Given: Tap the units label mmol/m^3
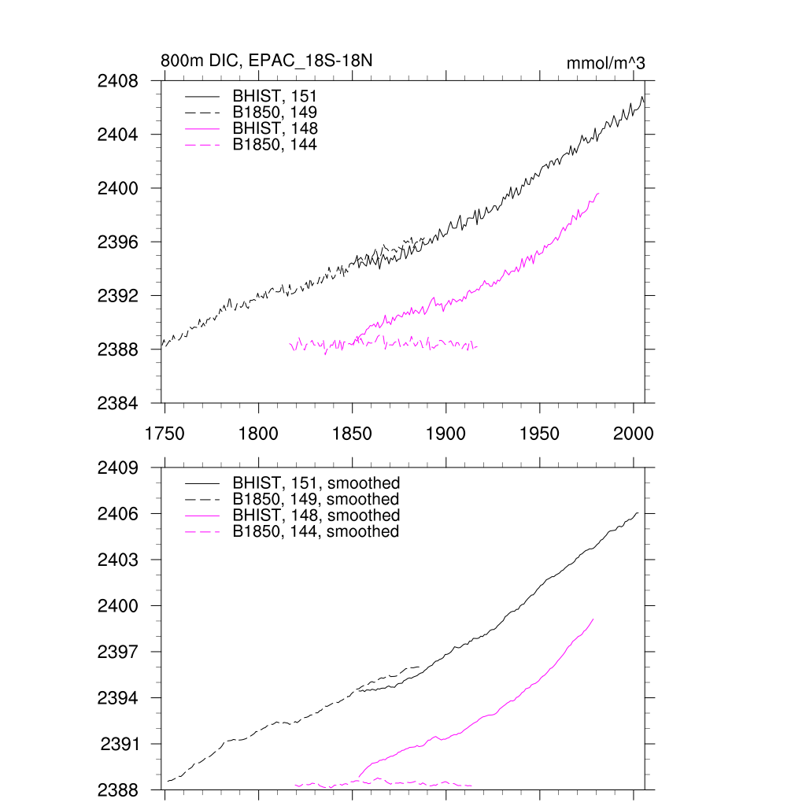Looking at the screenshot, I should [x=605, y=64].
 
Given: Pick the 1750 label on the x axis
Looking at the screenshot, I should [x=165, y=434].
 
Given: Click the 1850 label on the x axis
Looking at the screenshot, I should [x=353, y=434].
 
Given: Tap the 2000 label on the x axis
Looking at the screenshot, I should [x=634, y=434].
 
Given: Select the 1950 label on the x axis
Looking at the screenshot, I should [x=540, y=434].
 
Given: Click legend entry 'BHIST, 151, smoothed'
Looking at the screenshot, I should [x=316, y=483].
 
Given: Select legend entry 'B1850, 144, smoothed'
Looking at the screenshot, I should [x=316, y=532].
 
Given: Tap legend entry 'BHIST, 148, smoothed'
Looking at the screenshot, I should [x=316, y=516].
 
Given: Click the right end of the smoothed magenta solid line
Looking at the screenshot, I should [x=593, y=619].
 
